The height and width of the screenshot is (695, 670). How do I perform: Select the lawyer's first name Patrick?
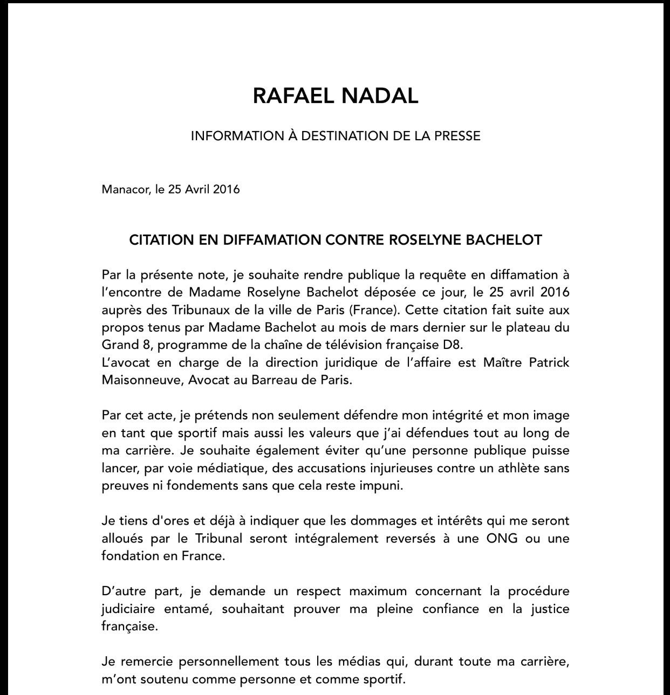[x=548, y=362]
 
